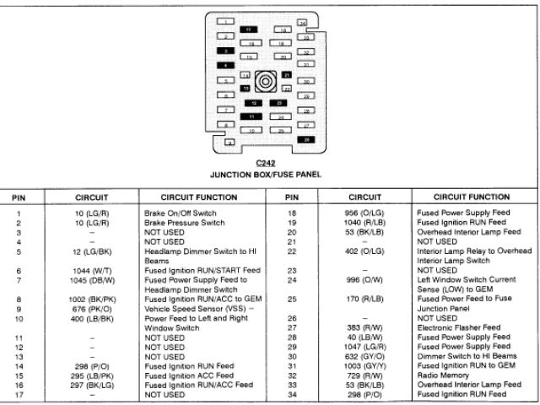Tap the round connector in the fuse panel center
[x=266, y=82]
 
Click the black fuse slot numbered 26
[x=306, y=139]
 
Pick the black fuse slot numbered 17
[x=249, y=29]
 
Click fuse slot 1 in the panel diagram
[x=225, y=20]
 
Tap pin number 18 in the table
[x=291, y=214]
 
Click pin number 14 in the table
[x=18, y=366]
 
